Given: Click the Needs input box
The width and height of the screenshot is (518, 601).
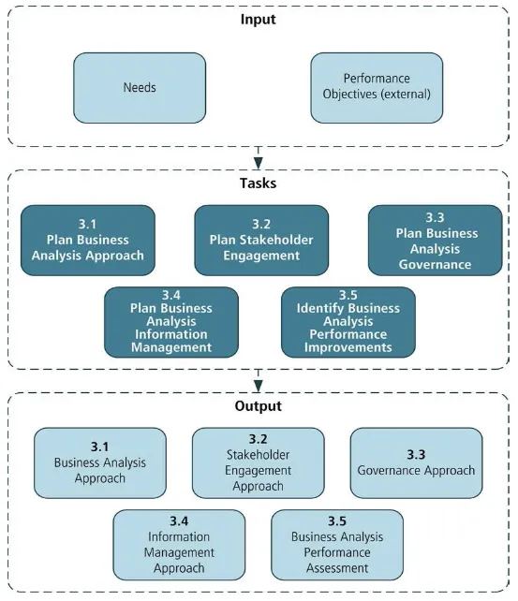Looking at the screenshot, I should [x=140, y=88].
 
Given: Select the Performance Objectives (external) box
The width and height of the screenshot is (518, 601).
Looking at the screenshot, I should [x=376, y=88].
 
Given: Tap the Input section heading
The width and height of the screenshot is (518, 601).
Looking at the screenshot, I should [x=258, y=20].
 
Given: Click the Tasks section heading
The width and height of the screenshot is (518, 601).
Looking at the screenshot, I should [x=258, y=183].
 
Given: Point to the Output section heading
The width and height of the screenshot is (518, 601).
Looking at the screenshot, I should [x=258, y=406].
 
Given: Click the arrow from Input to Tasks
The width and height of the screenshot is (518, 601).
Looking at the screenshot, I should [x=258, y=155].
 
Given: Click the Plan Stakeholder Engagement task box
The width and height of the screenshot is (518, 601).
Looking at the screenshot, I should [x=261, y=240].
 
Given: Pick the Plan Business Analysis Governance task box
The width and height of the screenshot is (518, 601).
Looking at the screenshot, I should [x=435, y=240].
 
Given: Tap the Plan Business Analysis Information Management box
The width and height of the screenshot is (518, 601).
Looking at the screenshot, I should [x=172, y=321].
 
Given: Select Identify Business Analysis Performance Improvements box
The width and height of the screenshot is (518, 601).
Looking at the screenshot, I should [x=348, y=321].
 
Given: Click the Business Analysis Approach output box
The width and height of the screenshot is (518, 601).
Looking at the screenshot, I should [x=100, y=462].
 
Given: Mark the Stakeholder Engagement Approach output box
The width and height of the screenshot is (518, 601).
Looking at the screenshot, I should [x=259, y=462].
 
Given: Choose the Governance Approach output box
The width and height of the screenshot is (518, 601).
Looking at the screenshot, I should [x=416, y=462].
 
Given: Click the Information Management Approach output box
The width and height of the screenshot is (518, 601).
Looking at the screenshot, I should [x=179, y=544].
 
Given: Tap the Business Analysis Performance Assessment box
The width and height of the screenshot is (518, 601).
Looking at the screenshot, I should [x=337, y=544].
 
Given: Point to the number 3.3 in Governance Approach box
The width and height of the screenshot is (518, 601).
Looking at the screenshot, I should [x=416, y=454].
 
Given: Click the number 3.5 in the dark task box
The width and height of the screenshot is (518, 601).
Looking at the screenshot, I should [x=348, y=295].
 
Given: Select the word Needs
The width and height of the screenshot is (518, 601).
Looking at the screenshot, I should [x=140, y=88].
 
